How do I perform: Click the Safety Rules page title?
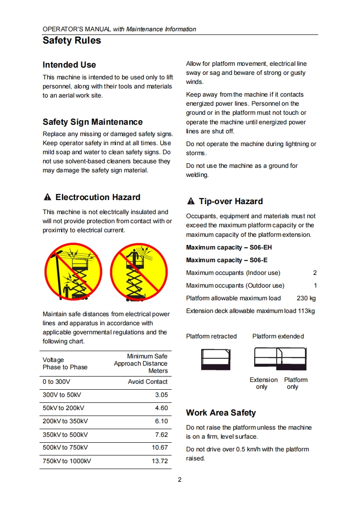[72, 40]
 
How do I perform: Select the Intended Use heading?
[69, 65]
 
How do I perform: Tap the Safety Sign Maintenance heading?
[93, 122]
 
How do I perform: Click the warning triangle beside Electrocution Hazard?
[47, 197]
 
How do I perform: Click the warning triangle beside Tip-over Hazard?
[191, 201]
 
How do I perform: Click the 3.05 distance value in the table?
[161, 395]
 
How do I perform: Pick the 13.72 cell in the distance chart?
[159, 461]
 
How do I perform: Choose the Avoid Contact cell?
[148, 382]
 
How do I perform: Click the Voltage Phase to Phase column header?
[65, 363]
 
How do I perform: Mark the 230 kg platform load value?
[306, 298]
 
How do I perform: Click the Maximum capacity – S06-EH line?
[229, 247]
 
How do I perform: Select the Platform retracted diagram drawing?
[216, 359]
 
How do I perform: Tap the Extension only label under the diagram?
[263, 383]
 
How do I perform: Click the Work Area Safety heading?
[221, 413]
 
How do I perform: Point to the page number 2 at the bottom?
[180, 480]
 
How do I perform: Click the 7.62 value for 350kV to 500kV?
[161, 435]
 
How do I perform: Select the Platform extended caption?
[278, 336]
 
